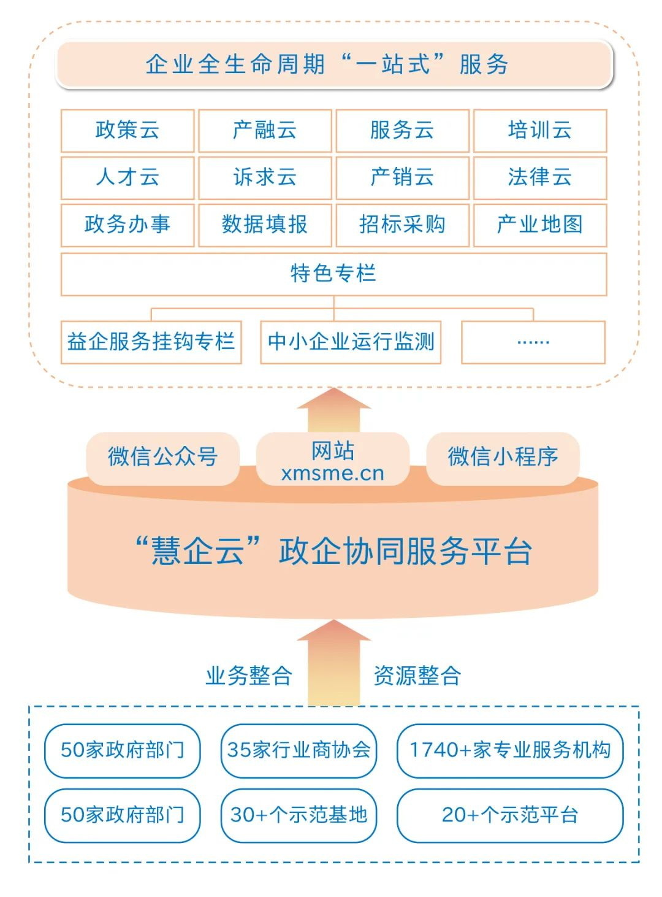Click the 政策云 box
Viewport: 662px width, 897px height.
(127, 130)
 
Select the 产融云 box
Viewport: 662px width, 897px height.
(265, 130)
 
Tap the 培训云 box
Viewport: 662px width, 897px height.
(540, 130)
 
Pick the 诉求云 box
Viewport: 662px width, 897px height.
(265, 177)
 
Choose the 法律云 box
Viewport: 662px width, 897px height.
(540, 177)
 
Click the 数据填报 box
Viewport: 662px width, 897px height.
(265, 225)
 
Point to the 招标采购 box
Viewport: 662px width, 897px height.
(403, 225)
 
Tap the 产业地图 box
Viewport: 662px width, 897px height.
(540, 225)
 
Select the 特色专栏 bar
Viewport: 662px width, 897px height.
(334, 274)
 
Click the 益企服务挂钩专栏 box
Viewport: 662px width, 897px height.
(151, 342)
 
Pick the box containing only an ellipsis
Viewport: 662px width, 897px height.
(533, 342)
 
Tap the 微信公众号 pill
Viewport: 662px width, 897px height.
(163, 456)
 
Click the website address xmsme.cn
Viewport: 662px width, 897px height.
(333, 473)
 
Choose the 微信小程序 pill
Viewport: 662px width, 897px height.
(503, 456)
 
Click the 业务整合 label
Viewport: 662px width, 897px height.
(248, 676)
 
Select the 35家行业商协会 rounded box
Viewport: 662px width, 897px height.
(299, 750)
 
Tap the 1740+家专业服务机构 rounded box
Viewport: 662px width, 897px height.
(510, 750)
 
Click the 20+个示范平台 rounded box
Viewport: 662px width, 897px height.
(510, 815)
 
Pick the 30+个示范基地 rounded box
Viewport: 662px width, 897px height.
(299, 815)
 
